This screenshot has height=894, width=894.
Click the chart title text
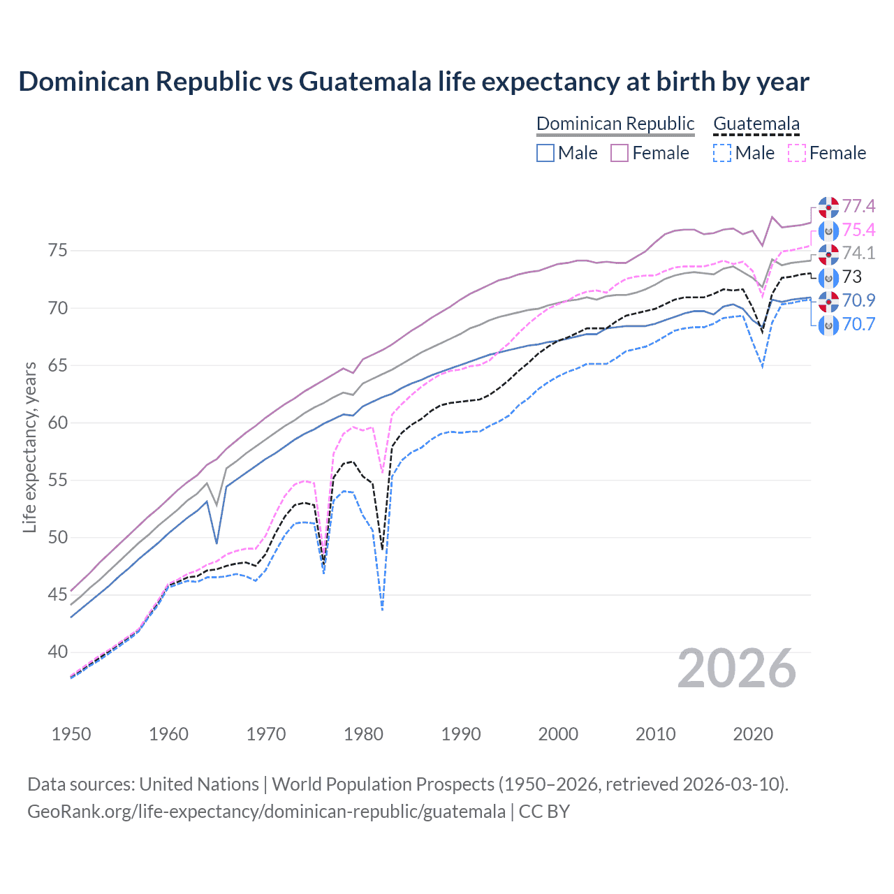(x=413, y=82)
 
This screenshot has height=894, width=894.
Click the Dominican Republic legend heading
(x=615, y=124)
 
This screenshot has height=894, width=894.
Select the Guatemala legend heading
(x=756, y=124)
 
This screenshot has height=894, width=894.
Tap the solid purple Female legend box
(x=620, y=153)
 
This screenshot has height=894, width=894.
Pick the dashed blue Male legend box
(x=722, y=153)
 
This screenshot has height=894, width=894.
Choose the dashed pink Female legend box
(x=797, y=153)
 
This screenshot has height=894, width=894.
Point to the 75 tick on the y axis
(x=58, y=250)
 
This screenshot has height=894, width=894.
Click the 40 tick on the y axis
(x=58, y=652)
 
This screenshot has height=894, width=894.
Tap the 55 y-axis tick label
(x=58, y=480)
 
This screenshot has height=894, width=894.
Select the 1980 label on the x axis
(x=363, y=734)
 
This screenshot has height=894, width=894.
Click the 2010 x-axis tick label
(x=655, y=734)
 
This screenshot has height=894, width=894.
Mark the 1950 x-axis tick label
(x=71, y=734)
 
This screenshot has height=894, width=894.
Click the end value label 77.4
(x=858, y=206)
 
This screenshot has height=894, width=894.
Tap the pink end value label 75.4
(x=858, y=230)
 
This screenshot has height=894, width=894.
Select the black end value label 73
(x=852, y=277)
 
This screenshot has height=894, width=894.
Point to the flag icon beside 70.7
(x=828, y=324)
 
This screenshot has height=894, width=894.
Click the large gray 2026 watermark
(x=737, y=669)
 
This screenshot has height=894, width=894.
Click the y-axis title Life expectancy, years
(x=29, y=447)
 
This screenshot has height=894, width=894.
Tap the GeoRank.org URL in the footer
(x=266, y=812)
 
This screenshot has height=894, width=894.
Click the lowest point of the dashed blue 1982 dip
(x=382, y=610)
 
